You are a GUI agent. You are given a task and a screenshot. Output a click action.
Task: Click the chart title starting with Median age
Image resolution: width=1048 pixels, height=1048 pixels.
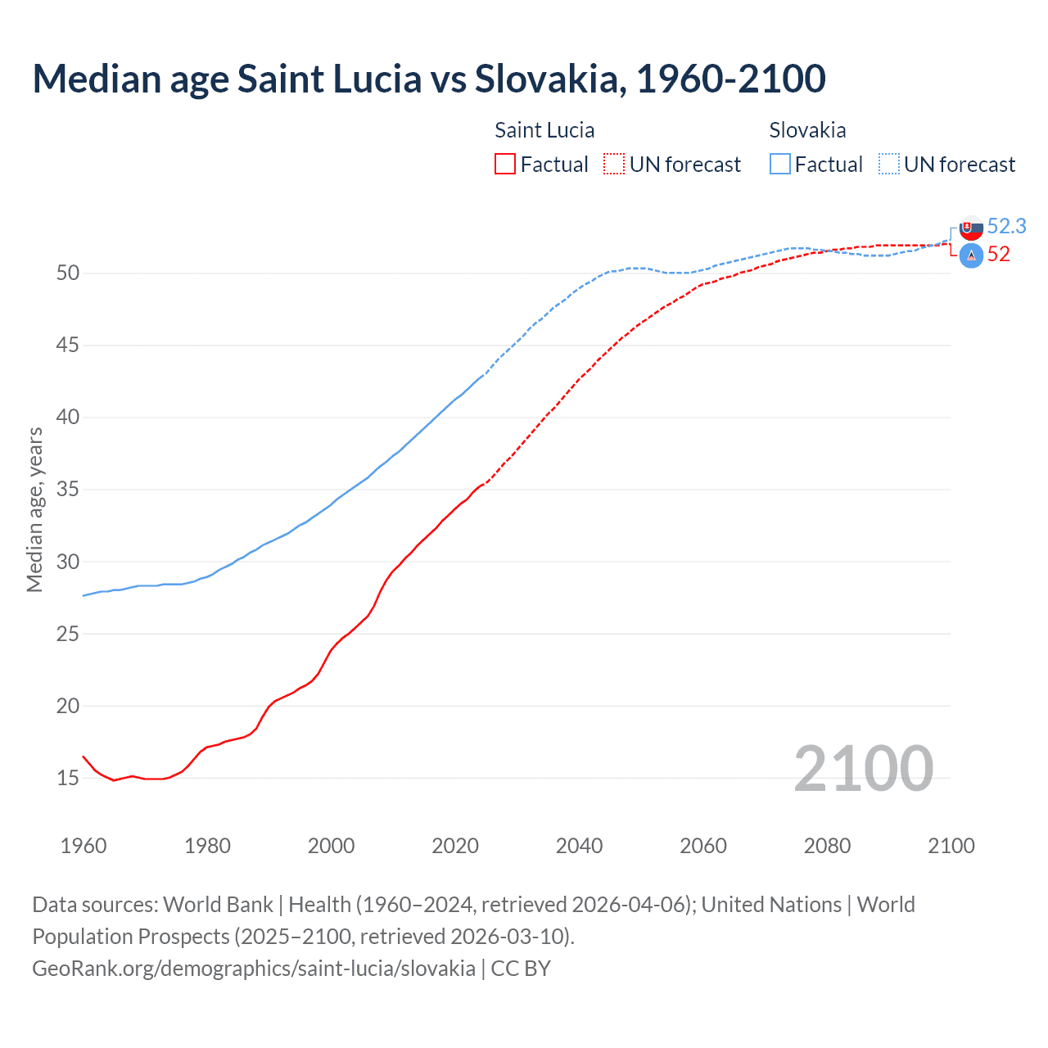point(428,79)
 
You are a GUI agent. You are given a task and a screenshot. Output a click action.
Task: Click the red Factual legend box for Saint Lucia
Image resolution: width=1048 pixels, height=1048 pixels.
point(505,165)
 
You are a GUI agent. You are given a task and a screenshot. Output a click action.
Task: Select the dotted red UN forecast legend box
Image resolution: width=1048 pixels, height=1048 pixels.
point(614,165)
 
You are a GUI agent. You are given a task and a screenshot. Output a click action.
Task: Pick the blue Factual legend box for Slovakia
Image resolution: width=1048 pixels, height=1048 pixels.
point(780,165)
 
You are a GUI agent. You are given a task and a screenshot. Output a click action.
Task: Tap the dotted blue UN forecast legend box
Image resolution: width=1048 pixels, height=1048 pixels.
point(889,165)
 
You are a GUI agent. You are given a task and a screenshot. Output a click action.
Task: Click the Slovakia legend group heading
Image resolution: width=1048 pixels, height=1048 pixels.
point(807,130)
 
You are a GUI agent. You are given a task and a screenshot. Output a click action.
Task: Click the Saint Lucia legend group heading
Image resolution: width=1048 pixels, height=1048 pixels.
point(544,130)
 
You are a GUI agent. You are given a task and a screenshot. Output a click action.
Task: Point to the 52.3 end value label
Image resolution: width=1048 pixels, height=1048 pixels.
point(1006,226)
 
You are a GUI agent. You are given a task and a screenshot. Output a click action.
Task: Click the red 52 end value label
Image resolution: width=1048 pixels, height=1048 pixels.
point(998,255)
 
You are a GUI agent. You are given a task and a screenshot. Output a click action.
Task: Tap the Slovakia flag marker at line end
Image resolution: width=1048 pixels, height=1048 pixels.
point(971,228)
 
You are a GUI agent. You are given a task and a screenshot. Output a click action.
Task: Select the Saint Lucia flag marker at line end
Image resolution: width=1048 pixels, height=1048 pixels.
point(971,256)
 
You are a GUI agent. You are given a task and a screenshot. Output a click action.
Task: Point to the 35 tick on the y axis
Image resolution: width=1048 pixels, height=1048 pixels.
point(68,490)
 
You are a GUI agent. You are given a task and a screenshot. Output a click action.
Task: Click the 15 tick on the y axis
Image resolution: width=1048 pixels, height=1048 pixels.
point(68,778)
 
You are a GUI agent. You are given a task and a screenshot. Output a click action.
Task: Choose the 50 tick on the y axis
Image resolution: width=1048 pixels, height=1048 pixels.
point(68,273)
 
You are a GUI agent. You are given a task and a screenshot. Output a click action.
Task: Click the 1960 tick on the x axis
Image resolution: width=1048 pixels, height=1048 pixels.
point(84,846)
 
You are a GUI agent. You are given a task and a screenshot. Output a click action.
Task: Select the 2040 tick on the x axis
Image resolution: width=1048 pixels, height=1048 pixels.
point(579,846)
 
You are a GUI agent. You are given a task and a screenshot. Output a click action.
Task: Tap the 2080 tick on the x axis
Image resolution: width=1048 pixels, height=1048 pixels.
point(827,846)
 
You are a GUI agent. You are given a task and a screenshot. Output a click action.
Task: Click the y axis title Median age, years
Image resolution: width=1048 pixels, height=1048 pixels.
point(34,509)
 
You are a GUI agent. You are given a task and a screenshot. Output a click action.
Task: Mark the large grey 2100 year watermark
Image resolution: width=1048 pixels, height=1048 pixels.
point(863,768)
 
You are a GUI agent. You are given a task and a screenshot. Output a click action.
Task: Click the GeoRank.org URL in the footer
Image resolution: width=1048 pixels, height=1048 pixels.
point(254,969)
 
